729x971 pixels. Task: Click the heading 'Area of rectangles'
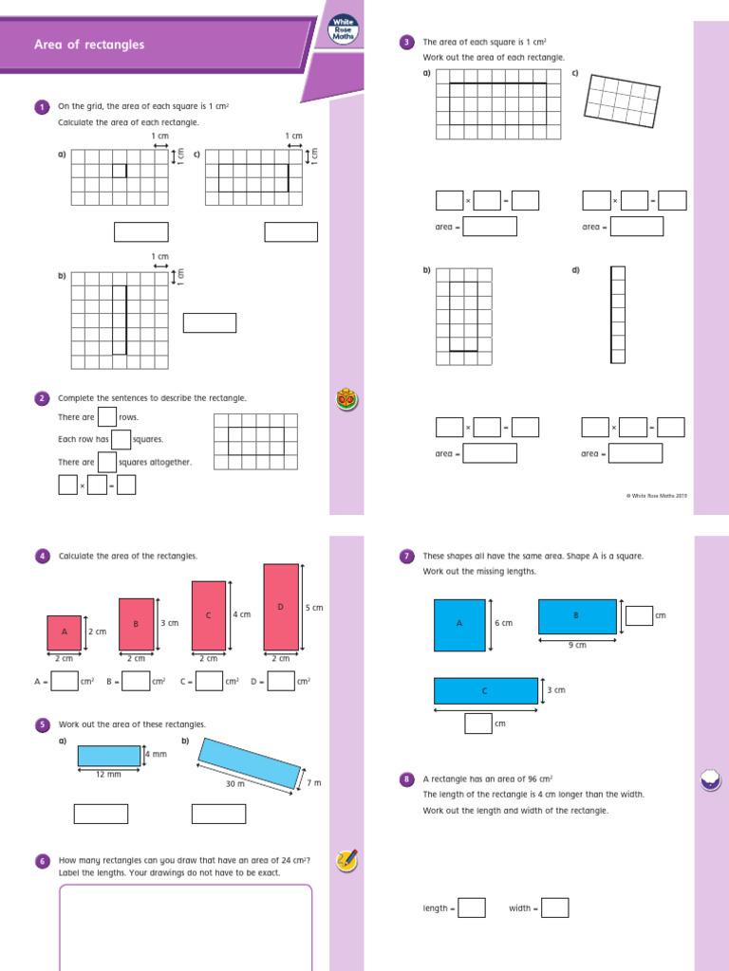click(x=89, y=45)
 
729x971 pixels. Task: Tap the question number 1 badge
click(x=42, y=107)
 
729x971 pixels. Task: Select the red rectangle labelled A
click(x=65, y=632)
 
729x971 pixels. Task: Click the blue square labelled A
click(x=459, y=625)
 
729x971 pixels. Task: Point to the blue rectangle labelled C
click(x=485, y=690)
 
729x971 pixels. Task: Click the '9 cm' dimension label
click(x=577, y=645)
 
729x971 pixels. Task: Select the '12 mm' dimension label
click(x=108, y=774)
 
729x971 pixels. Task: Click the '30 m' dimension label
click(x=235, y=783)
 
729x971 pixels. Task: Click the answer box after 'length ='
click(x=472, y=908)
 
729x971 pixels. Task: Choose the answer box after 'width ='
click(x=554, y=908)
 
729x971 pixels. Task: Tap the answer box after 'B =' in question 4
click(x=136, y=681)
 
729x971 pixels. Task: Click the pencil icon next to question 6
click(x=346, y=860)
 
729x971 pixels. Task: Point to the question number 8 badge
click(x=406, y=779)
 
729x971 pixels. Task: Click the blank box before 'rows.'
click(x=107, y=417)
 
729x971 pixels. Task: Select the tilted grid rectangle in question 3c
click(x=623, y=98)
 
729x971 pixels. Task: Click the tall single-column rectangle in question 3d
click(x=618, y=315)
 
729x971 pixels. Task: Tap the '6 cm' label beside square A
click(x=503, y=623)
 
